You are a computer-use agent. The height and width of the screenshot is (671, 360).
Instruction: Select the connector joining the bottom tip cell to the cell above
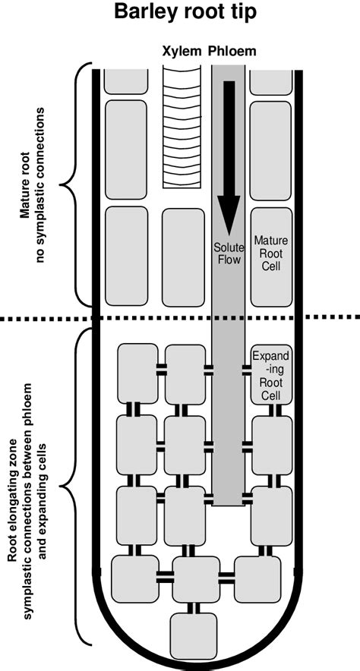tap(193, 608)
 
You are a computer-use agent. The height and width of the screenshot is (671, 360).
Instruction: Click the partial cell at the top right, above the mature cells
tap(271, 80)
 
